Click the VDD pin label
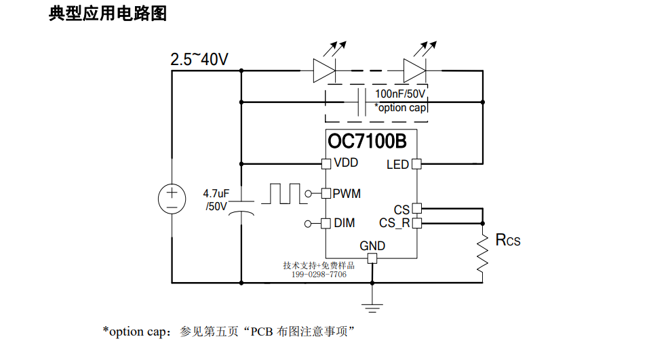coord(346,163)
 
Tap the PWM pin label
coord(347,194)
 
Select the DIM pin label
coord(345,223)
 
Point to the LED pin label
coord(397,165)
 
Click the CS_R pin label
coord(395,223)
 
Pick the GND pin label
coord(372,246)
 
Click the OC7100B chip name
coord(367,141)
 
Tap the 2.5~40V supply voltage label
coord(199,59)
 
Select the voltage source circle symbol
coord(172,199)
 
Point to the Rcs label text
coord(508,240)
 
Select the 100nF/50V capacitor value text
coord(400,94)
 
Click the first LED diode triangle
coord(324,71)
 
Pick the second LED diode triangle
coord(414,71)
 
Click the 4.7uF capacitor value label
coord(216,200)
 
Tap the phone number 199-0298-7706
coord(319,275)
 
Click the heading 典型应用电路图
coord(108,14)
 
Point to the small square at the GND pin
coord(372,258)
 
